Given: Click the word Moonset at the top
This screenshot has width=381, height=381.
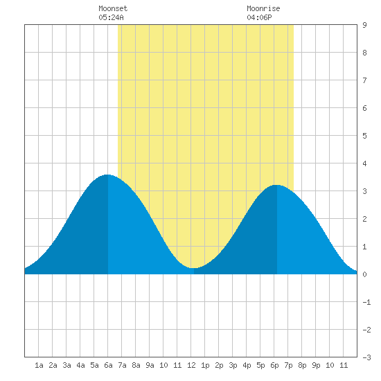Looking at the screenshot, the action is coord(113,8).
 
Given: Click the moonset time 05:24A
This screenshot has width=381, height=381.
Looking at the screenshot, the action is coord(111,17).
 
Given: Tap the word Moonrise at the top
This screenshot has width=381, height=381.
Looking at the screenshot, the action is coord(263,8).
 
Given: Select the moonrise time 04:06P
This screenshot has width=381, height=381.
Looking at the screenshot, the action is coord(259,17).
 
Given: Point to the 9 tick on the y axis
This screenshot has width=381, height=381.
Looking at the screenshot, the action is coord(364,25).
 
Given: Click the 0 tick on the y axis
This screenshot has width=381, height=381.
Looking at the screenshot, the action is coord(364,274).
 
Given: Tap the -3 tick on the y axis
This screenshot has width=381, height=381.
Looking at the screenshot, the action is coord(366,357).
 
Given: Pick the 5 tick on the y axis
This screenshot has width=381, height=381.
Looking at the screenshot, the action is coord(364,136).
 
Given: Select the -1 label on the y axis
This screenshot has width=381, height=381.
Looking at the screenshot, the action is coord(366,302).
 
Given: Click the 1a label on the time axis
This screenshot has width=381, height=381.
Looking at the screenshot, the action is coord(39,365).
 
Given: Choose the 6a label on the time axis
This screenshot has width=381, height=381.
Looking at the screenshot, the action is coord(108,365).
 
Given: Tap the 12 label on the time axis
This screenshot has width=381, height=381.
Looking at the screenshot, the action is coord(191,365).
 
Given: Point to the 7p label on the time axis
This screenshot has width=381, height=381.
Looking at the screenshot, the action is coord(288,365).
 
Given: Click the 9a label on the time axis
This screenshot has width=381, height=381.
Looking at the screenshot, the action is coord(150,365).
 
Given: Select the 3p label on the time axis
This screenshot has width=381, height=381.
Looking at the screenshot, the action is coord(233,365).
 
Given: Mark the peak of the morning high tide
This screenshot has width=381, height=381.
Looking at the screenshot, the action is coord(107,175).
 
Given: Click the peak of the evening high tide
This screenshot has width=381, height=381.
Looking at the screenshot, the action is coord(277,185).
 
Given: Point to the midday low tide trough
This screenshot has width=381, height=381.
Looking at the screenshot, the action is coord(193,268).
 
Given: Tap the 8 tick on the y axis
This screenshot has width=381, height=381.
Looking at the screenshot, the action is coord(364,53).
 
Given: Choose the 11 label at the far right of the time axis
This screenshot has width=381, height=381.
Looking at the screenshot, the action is coord(344,365).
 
